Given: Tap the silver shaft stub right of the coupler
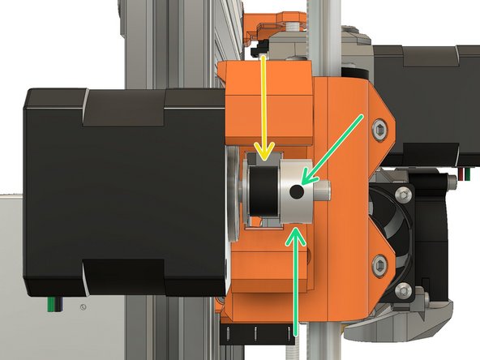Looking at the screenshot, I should point(324,191).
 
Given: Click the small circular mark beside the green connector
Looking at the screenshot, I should point(83,306).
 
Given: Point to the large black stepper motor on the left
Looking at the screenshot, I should point(122,191).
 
